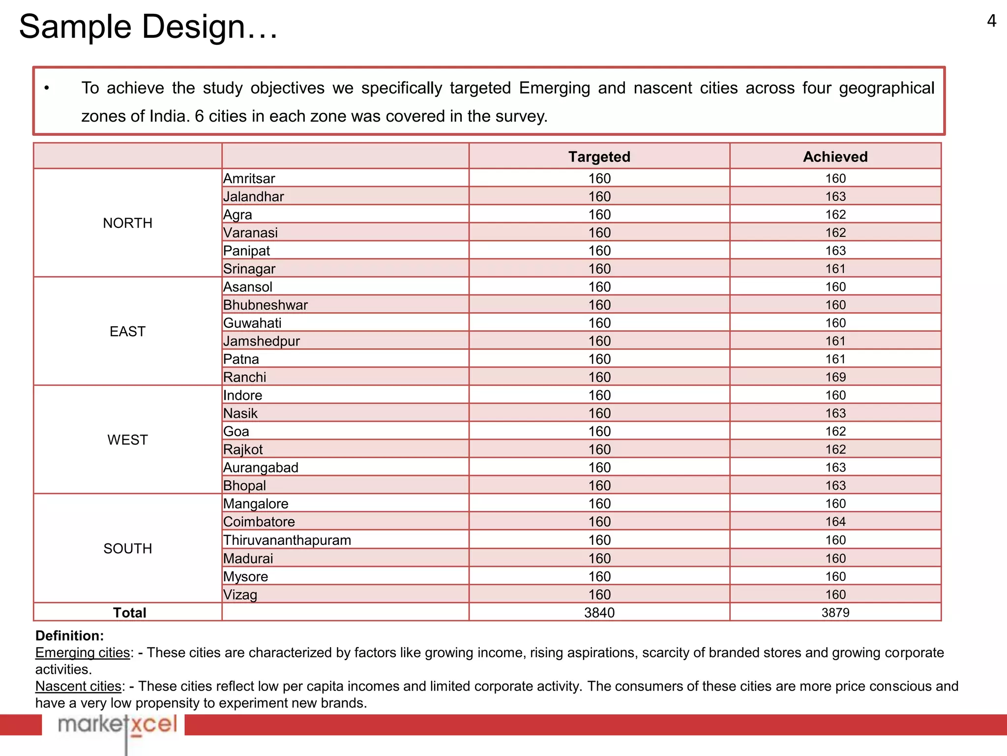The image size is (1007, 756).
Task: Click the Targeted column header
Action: (x=599, y=157)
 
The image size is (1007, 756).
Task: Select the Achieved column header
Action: (x=835, y=157)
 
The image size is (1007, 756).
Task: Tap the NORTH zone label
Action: (x=127, y=223)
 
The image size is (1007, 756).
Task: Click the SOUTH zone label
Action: (x=127, y=548)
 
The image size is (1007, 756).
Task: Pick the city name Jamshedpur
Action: (x=261, y=341)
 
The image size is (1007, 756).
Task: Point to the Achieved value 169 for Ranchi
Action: (x=835, y=377)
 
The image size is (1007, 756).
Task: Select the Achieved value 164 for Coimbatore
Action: (x=835, y=522)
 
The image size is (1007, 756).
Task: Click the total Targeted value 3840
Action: (x=599, y=613)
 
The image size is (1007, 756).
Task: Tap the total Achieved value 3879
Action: (x=835, y=613)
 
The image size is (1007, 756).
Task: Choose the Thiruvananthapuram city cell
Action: (x=287, y=540)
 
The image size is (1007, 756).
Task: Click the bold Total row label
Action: (x=129, y=613)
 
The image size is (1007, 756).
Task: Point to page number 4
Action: (x=991, y=21)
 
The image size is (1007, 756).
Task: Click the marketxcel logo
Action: (x=117, y=724)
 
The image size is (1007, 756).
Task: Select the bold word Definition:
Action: (x=69, y=635)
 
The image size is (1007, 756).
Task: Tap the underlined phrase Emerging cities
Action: (x=83, y=653)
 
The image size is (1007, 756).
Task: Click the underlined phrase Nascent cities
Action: (x=79, y=686)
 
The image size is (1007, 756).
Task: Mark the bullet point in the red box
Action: (x=47, y=88)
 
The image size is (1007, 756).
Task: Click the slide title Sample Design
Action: (x=148, y=27)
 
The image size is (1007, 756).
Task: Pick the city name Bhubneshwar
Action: (x=265, y=305)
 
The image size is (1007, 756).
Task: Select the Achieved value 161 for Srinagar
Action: (x=835, y=269)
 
